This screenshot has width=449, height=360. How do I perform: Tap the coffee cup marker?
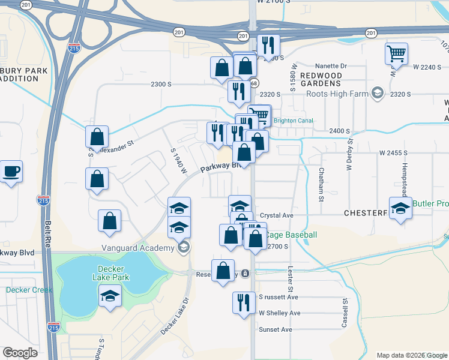tap(11, 172)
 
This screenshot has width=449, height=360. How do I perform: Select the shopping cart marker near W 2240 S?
tap(396, 53)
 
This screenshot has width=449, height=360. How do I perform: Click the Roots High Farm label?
tap(338, 94)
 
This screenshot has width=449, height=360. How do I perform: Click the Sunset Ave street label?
tap(276, 329)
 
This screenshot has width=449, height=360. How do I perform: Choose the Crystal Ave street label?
tap(277, 215)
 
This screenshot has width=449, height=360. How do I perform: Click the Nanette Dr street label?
tap(331, 66)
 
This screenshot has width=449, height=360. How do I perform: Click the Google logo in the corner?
tap(20, 353)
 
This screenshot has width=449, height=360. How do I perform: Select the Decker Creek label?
tap(26, 290)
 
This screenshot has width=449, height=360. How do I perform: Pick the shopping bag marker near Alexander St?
tap(97, 137)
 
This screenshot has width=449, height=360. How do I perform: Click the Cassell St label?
tap(345, 314)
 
